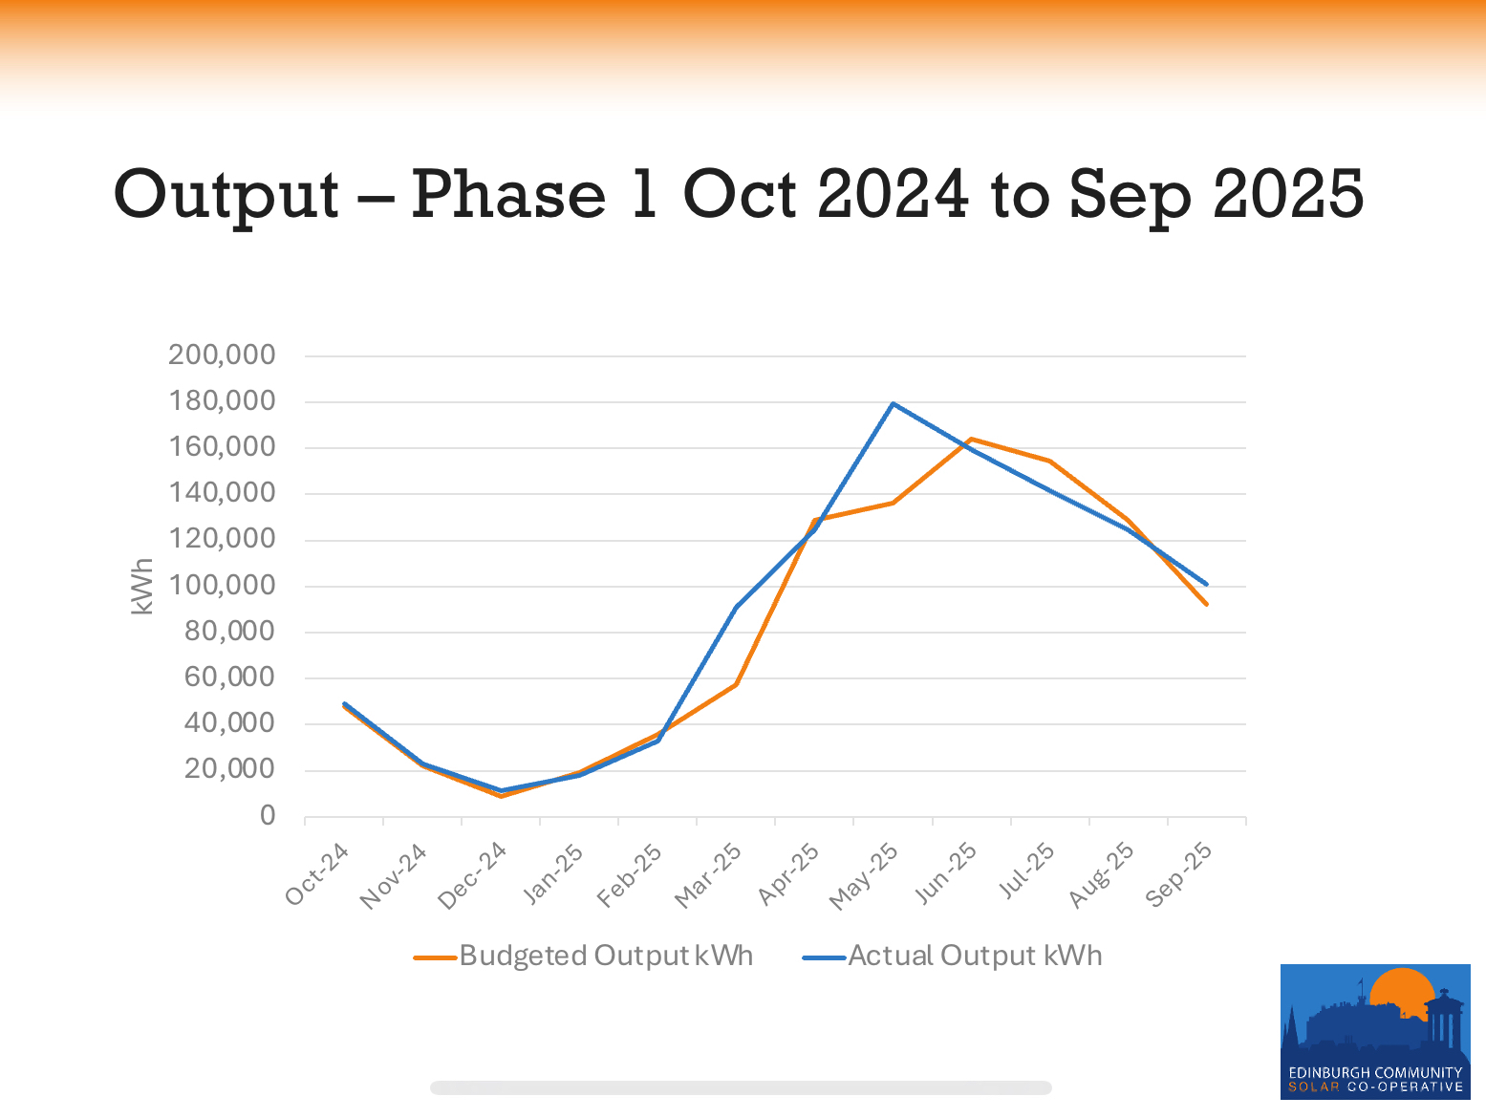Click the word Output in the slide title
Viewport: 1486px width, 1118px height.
(x=226, y=195)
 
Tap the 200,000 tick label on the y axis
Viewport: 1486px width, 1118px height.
(x=222, y=355)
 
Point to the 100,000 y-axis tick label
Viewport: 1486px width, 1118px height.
(x=222, y=586)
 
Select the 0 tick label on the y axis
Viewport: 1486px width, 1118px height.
(x=268, y=816)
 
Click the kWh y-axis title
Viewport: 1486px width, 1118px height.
(x=142, y=586)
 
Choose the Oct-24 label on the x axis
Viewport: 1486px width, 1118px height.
(x=317, y=874)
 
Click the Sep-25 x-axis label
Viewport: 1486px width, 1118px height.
(x=1179, y=874)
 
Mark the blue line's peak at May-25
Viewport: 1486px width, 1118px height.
(x=893, y=403)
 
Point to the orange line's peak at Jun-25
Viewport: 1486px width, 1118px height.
(x=971, y=439)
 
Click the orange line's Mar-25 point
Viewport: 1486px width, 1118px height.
(x=736, y=684)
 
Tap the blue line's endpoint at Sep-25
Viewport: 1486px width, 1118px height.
(x=1206, y=584)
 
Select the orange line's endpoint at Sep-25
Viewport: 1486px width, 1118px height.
(x=1206, y=604)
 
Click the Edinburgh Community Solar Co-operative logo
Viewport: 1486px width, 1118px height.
(x=1374, y=1031)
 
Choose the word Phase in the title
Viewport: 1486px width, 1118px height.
(x=508, y=195)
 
